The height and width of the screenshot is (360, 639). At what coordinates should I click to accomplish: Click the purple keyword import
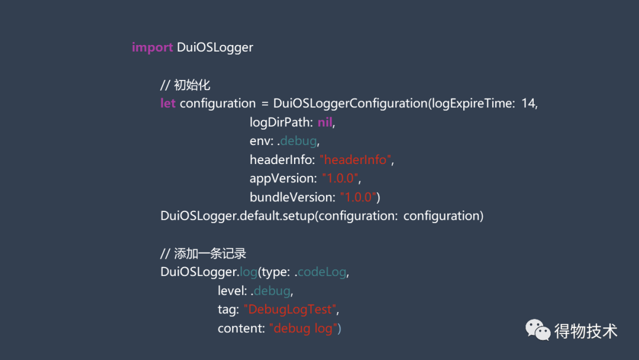(152, 47)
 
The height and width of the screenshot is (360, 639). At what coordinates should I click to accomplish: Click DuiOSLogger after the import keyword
(215, 47)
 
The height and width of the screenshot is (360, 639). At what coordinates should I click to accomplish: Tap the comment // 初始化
(185, 85)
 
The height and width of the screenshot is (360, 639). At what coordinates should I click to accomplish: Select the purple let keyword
(168, 104)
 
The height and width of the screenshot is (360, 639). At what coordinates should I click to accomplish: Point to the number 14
(528, 104)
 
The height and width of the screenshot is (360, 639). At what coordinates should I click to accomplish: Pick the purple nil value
(325, 123)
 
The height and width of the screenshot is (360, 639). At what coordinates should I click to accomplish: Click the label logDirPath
(281, 123)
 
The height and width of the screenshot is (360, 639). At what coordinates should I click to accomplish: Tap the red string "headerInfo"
(356, 160)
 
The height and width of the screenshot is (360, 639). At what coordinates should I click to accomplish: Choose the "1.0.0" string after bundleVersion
(358, 197)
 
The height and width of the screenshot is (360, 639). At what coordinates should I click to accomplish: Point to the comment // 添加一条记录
(203, 253)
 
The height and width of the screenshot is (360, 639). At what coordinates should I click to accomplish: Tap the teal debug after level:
(272, 291)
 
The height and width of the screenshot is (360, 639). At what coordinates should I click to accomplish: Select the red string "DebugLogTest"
(291, 310)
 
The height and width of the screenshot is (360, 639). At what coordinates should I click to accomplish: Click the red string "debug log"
(304, 329)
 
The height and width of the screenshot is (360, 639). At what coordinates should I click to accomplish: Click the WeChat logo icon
(538, 330)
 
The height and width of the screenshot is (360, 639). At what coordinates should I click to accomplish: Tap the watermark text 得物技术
(586, 331)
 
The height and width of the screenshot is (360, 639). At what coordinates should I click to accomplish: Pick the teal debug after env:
(299, 142)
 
